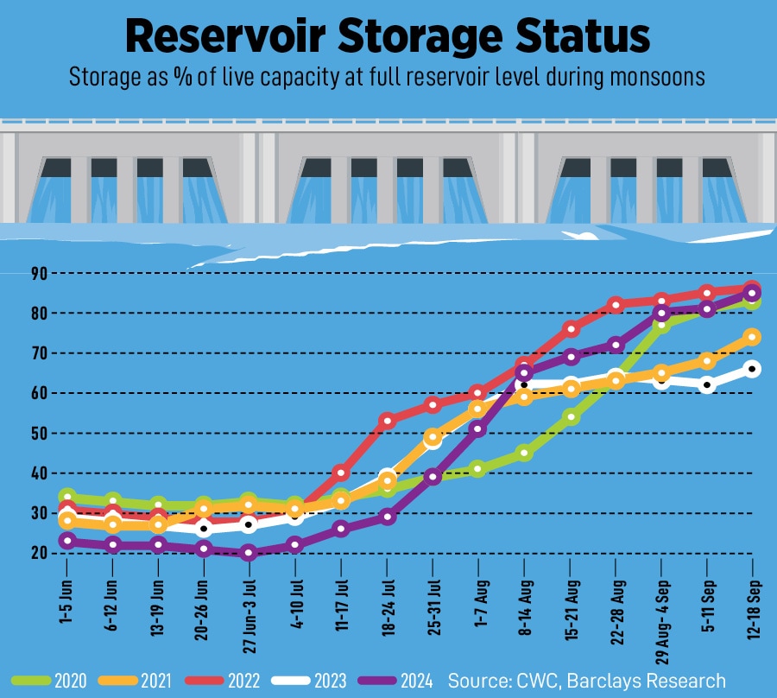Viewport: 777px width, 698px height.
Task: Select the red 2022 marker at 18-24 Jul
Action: click(388, 421)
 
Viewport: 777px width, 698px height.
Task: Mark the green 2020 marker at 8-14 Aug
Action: click(524, 453)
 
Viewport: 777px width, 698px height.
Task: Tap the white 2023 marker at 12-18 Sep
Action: click(752, 369)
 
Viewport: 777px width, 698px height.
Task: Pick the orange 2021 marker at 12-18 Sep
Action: click(752, 337)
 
